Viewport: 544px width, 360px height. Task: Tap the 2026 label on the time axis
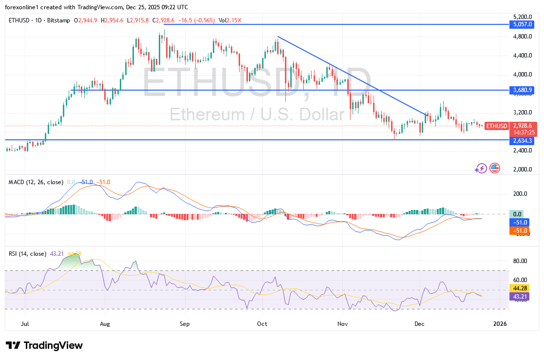click(x=500, y=323)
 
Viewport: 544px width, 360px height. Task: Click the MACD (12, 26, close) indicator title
click(x=36, y=182)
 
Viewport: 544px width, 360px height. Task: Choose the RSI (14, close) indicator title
click(x=27, y=254)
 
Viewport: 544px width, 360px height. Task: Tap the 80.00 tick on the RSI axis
click(x=519, y=261)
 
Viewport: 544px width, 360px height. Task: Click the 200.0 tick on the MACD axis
click(x=519, y=193)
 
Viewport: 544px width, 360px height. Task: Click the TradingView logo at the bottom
click(x=44, y=345)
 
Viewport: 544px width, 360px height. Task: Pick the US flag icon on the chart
click(x=494, y=168)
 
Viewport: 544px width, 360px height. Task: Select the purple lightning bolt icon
click(x=481, y=168)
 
